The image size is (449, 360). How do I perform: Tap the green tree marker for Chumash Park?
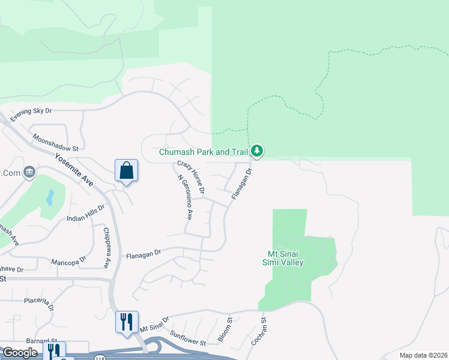click(257, 151)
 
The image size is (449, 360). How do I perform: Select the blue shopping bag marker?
click(127, 170)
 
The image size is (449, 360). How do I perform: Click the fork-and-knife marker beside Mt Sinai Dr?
click(127, 322)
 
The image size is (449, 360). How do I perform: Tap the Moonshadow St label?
click(56, 143)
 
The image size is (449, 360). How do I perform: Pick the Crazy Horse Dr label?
click(191, 178)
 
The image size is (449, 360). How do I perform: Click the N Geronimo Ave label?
click(185, 197)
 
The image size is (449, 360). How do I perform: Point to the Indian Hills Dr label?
click(86, 213)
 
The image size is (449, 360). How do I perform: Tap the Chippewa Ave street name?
click(107, 247)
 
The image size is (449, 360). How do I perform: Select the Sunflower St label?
click(188, 338)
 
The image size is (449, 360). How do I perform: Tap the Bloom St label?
click(226, 331)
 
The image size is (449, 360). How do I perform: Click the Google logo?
click(20, 353)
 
